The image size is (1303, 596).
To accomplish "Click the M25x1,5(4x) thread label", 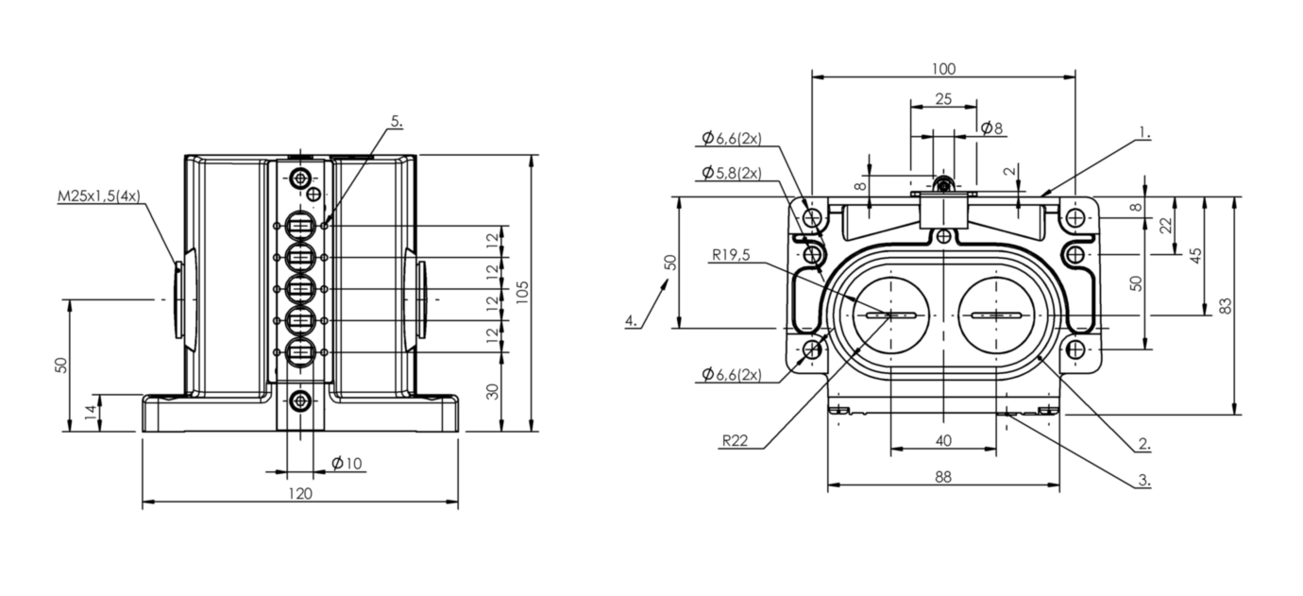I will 98,196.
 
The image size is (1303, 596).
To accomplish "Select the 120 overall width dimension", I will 299,493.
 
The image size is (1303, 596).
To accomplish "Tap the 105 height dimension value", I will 522,292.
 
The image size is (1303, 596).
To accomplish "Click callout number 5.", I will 396,121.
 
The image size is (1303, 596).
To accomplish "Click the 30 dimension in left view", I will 492,392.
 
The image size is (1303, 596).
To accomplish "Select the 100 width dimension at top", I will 942,68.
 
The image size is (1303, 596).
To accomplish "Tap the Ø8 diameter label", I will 991,128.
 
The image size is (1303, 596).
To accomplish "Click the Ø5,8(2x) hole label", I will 731,173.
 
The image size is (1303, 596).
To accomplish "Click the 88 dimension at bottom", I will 942,477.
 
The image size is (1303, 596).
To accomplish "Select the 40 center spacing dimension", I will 942,439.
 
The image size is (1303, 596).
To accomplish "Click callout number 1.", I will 1143,132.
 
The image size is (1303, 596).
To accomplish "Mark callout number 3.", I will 1143,480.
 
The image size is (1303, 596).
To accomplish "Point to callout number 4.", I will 631,321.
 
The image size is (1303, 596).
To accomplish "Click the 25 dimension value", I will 942,98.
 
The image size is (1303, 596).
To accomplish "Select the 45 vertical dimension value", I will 1195,255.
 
